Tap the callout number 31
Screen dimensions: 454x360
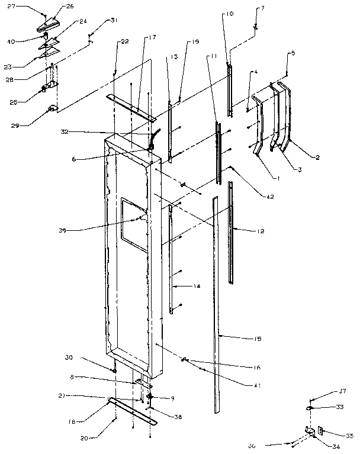coord(113,21)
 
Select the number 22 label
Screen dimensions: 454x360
coord(124,41)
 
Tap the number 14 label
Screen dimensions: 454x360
coord(197,286)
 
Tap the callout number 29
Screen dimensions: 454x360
coord(15,124)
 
